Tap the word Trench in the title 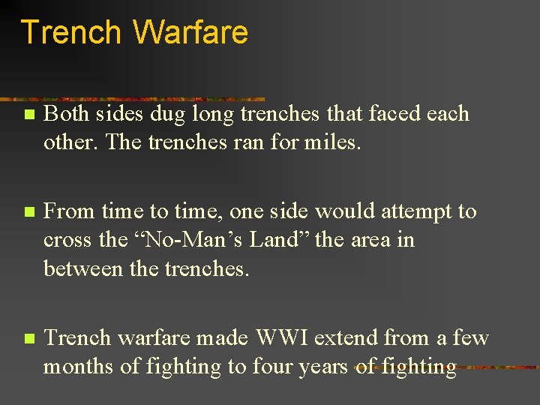click(71, 33)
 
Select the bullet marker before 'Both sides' click(28, 115)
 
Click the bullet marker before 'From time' click(28, 213)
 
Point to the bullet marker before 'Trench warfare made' click(28, 339)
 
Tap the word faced click(381, 114)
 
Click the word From click(67, 212)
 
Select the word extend click(346, 338)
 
